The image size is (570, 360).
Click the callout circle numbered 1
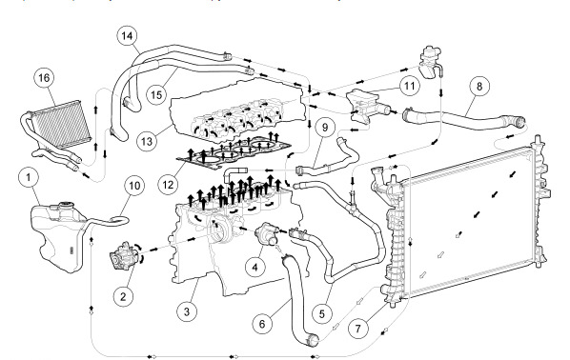click(x=29, y=177)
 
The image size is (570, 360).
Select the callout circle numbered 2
click(x=123, y=296)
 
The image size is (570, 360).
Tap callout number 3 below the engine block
click(x=187, y=311)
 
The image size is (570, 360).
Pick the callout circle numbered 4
click(x=254, y=268)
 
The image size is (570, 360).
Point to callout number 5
click(x=322, y=313)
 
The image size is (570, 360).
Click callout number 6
click(x=262, y=323)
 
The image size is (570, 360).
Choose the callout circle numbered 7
click(x=358, y=328)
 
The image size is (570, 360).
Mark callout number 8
click(x=479, y=86)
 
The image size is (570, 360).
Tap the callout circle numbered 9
click(x=325, y=128)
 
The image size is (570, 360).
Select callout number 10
click(x=134, y=186)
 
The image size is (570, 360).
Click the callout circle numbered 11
click(x=409, y=86)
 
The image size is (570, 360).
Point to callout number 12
click(x=168, y=185)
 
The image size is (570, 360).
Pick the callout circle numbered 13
click(x=147, y=141)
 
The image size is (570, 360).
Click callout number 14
click(x=127, y=36)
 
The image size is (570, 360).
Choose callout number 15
click(x=156, y=95)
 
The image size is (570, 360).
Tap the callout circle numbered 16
click(x=44, y=78)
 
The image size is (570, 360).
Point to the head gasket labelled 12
click(x=233, y=152)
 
